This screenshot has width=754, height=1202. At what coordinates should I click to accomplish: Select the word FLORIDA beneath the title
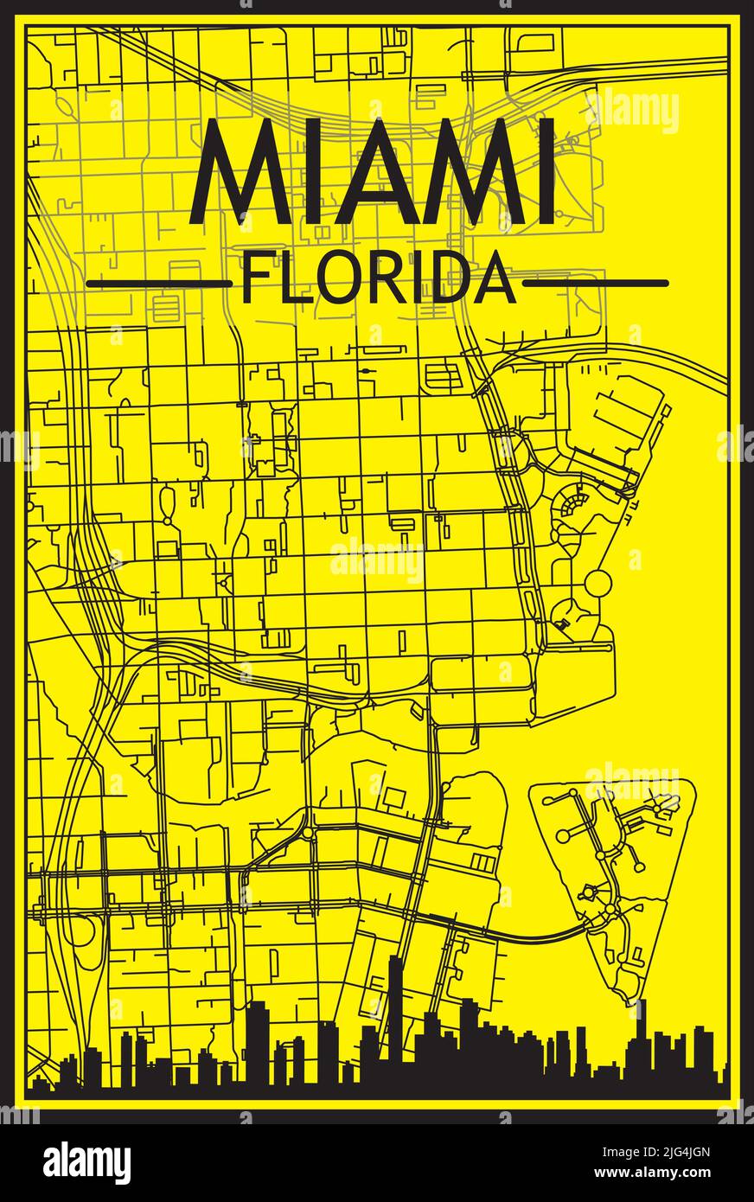(378, 278)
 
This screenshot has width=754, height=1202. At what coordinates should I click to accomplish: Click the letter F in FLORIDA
(253, 278)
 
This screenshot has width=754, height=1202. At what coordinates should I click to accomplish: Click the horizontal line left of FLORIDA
(159, 283)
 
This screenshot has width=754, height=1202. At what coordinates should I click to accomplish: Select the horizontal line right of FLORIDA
(596, 283)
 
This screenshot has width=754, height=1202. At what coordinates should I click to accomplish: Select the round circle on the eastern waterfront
(597, 584)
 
